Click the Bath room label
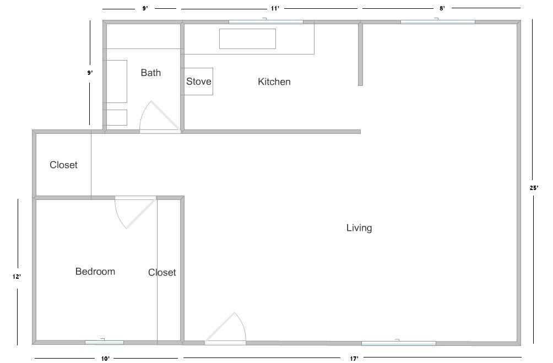150,73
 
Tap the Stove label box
198,82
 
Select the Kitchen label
274,82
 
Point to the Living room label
359,228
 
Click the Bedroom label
95,271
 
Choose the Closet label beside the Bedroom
162,272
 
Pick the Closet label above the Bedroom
63,165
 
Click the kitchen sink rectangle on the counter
247,39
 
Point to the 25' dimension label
534,188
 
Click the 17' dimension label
354,359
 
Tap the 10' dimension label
105,359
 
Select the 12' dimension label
17,277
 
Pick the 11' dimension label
275,8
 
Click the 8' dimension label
442,8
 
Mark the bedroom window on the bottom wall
105,343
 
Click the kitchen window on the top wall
266,22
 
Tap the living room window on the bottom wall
399,343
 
